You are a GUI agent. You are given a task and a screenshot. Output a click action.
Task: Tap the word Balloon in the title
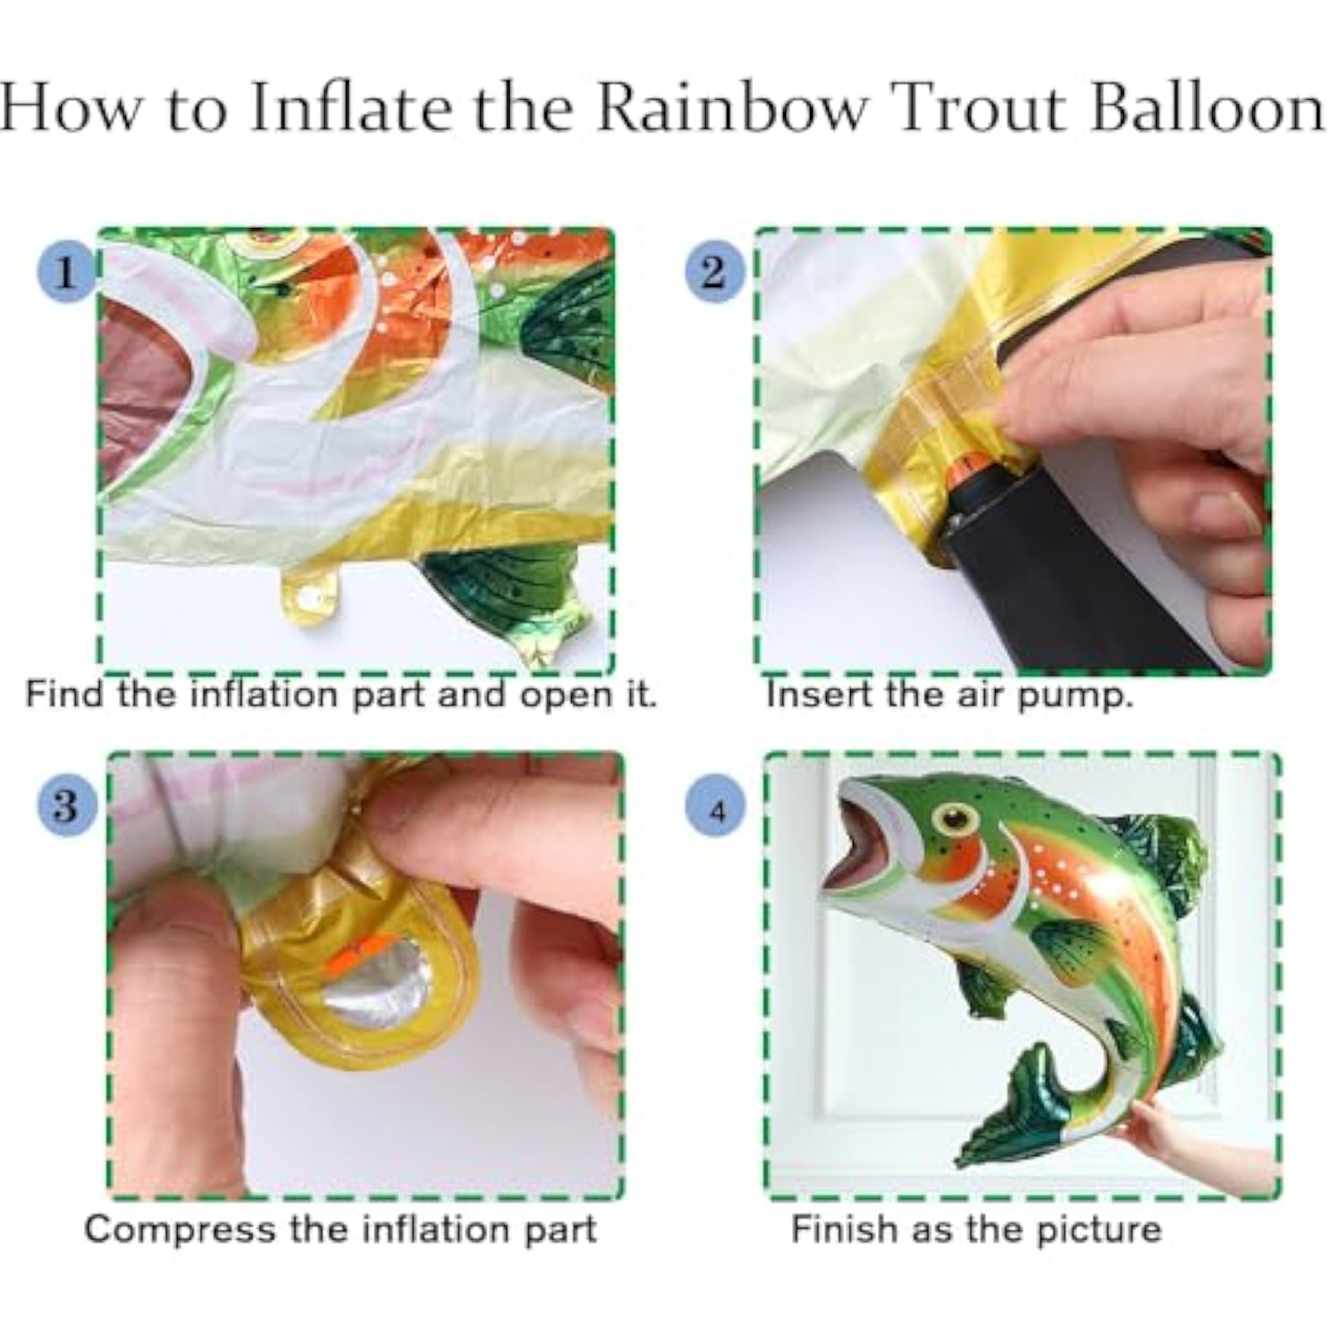point(1208,108)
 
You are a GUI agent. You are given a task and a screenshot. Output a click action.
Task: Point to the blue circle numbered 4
point(715,811)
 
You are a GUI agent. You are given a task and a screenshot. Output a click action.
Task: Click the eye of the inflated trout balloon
point(956,816)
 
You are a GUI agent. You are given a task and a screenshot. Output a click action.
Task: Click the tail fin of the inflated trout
point(1015,1113)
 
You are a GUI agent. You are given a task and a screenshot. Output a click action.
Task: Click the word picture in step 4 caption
point(1099,1228)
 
